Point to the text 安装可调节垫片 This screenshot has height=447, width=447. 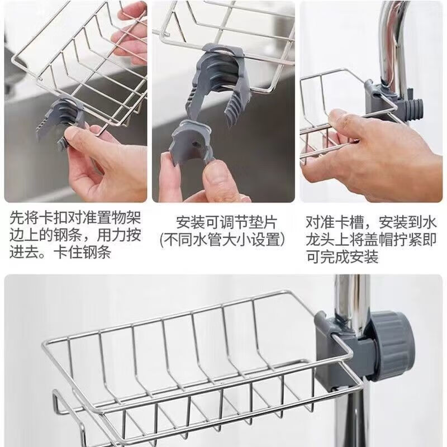point(226,222)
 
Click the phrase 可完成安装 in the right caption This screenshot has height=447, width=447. point(341,257)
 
